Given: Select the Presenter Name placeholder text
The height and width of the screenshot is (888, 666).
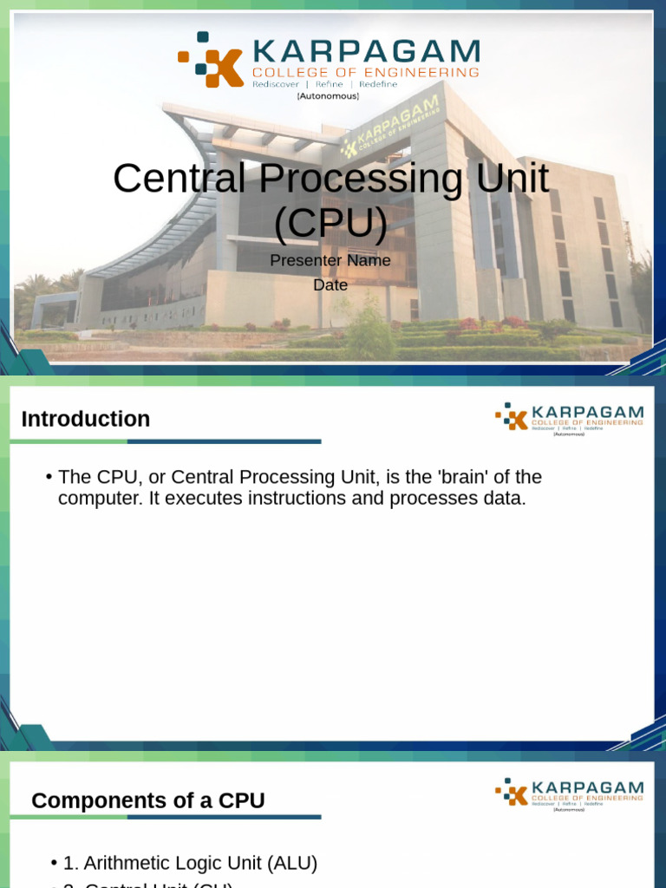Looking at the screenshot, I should pos(330,260).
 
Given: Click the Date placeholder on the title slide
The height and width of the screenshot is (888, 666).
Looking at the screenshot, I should pos(330,284).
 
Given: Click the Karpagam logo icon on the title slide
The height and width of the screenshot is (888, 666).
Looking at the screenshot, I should pos(210,60).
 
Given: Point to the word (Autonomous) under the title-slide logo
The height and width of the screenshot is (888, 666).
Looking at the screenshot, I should pos(328,96).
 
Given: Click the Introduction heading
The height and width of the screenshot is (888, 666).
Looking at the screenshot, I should pos(85,419).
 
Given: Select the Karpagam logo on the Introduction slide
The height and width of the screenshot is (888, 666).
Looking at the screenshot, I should pos(569,417).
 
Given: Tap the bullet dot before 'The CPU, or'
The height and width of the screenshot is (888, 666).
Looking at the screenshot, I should pos(49,477).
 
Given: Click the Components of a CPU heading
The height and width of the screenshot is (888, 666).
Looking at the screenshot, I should pos(147,800).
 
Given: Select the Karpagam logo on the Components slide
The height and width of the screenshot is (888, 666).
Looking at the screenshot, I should pos(569,792).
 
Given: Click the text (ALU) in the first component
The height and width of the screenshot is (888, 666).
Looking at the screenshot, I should pos(292,863).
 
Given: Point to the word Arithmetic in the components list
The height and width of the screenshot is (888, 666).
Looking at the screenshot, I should pos(124,863).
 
